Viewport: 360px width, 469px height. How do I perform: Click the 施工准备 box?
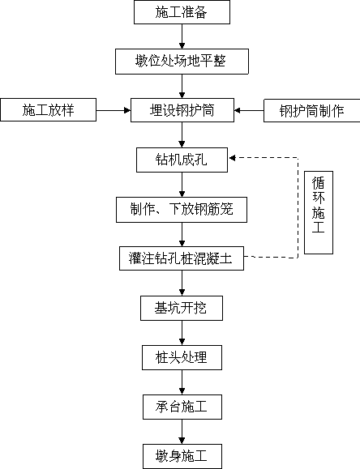pos(182,12)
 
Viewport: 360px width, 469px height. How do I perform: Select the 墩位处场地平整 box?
pos(182,62)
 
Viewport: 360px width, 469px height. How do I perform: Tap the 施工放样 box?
pos(48,110)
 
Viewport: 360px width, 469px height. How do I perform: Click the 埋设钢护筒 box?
pos(182,110)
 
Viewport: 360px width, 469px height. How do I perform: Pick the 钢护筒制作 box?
pos(312,111)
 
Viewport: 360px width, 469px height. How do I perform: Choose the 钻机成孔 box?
pos(182,160)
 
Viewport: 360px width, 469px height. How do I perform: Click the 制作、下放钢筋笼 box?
pos(182,209)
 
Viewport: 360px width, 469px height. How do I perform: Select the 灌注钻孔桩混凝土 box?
pos(182,258)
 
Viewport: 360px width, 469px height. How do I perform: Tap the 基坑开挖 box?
pos(182,308)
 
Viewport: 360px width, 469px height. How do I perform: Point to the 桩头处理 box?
pos(182,357)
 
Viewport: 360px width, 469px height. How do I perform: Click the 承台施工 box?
pos(182,407)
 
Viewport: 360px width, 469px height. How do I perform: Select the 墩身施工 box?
pos(182,456)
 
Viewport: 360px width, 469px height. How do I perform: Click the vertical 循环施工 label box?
pos(319,213)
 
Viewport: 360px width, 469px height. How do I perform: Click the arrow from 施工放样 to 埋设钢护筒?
pos(114,110)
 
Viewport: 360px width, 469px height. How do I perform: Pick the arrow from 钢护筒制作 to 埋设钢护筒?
pos(249,111)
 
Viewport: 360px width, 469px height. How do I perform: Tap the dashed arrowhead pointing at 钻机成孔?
pos(232,158)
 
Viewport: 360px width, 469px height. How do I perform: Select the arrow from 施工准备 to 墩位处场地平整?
pos(182,36)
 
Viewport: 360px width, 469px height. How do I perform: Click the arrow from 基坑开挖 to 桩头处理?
pos(182,333)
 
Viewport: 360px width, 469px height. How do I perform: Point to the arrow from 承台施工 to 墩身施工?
pos(182,432)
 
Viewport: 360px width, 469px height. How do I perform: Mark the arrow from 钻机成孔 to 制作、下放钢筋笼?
pos(182,185)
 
